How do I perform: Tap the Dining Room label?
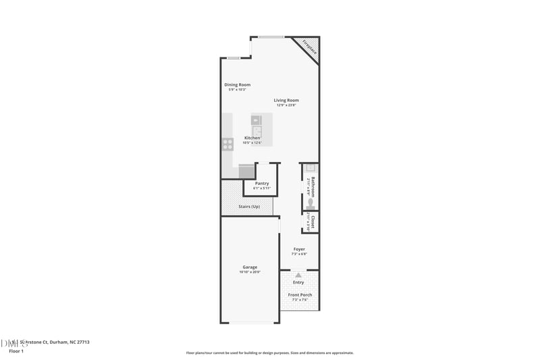(x=238, y=84)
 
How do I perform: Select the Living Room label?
(x=286, y=100)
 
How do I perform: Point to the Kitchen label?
(x=252, y=138)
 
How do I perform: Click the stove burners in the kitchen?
(x=228, y=143)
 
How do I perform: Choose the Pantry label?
(x=262, y=183)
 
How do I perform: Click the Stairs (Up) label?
(x=249, y=206)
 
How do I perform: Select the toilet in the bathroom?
(x=310, y=201)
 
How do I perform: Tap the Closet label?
(x=313, y=222)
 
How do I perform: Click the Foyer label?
(x=299, y=249)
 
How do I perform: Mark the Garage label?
(x=250, y=267)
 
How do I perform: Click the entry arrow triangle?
(x=298, y=275)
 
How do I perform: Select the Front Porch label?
(x=300, y=295)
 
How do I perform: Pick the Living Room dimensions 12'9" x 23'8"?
(x=286, y=105)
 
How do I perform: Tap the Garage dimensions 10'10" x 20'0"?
(x=250, y=272)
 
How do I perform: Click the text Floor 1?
(x=16, y=351)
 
